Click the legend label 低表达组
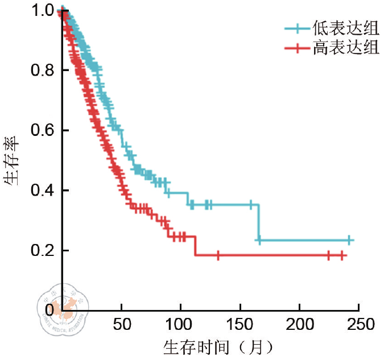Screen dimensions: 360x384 345,27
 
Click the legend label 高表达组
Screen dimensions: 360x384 345,48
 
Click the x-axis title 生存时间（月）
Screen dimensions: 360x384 216,346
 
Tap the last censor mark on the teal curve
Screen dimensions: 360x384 349,240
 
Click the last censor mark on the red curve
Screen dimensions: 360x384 341,256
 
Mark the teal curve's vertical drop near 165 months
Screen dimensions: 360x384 259,222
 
